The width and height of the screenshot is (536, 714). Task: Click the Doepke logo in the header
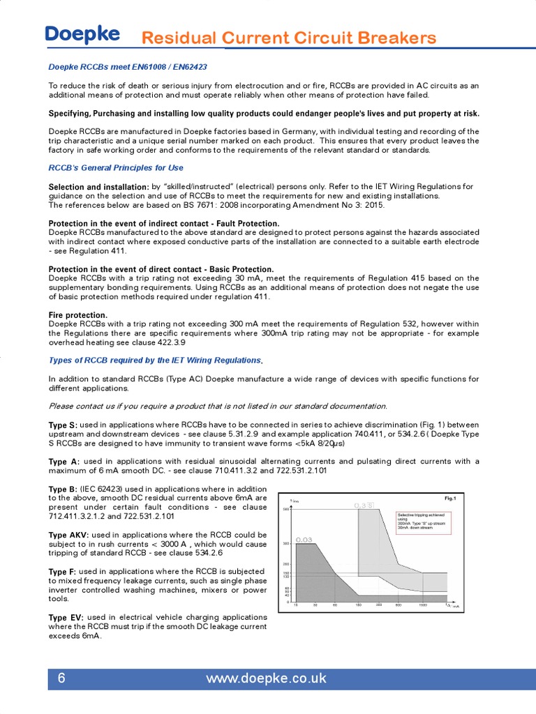82,34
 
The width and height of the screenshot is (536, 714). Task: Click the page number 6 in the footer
61,678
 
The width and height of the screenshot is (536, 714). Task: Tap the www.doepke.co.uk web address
267,678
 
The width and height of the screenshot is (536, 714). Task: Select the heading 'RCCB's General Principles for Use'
116,168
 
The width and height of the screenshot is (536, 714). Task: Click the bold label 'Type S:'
63,425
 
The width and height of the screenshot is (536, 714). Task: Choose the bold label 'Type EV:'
66,618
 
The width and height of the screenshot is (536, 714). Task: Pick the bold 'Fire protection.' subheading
78,315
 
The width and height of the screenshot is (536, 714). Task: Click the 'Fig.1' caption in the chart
449,499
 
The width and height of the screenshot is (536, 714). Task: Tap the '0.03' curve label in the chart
304,539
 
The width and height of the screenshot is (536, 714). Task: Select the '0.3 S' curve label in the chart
364,505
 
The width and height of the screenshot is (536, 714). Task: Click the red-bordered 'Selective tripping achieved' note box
423,522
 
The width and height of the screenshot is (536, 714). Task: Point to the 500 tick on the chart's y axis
286,509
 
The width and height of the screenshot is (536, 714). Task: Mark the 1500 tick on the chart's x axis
423,605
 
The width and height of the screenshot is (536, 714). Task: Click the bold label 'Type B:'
63,489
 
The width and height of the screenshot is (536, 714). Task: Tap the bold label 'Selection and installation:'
98,188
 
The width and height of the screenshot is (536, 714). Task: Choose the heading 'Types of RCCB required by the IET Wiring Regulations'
155,360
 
